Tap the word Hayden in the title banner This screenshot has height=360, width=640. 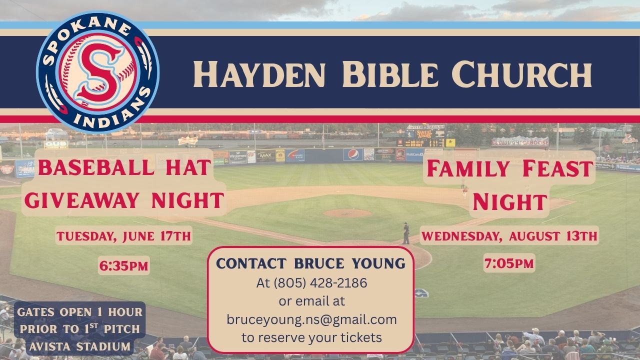(259, 74)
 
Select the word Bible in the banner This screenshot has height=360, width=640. (390, 74)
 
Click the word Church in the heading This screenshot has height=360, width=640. (521, 74)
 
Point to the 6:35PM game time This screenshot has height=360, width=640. (123, 265)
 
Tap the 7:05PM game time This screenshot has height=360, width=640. (509, 263)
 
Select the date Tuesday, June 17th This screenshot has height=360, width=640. (123, 236)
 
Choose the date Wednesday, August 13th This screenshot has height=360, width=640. (509, 236)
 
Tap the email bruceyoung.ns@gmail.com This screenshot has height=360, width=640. (311, 319)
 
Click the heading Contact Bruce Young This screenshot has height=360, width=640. (311, 263)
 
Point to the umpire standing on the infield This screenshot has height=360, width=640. (405, 233)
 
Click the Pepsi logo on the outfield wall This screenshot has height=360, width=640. (353, 154)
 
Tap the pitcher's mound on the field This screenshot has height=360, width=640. (347, 213)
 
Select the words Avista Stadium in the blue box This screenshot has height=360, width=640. (79, 346)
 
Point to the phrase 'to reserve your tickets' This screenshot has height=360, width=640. (311, 337)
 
